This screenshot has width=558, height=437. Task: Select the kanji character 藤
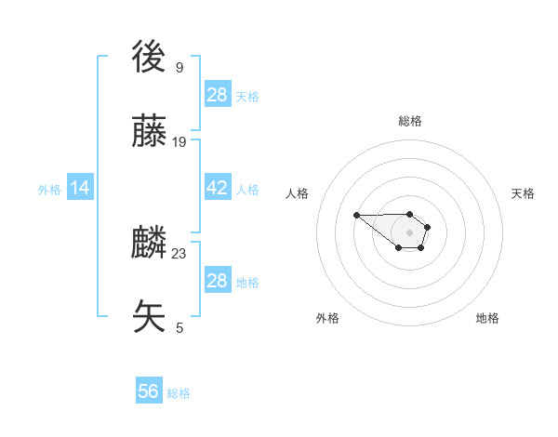point(150,133)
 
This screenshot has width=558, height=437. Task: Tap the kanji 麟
point(150,245)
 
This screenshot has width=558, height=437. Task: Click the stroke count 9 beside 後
point(179,67)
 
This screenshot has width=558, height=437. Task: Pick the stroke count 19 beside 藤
point(179,141)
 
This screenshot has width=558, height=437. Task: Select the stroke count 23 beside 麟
point(179,253)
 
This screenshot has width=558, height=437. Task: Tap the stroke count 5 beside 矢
point(179,326)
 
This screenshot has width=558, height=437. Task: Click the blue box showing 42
point(218,188)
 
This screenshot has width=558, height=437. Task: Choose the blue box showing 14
point(80,188)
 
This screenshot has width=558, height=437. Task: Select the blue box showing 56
point(149,391)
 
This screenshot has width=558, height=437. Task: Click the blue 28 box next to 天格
point(218,94)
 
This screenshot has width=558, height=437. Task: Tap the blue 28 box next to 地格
point(218,281)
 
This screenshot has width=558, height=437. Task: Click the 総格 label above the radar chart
point(410,121)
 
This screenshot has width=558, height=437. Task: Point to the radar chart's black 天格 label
point(524,193)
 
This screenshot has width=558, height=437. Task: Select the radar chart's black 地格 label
point(487,318)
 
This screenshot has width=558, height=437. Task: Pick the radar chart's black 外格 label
point(327,318)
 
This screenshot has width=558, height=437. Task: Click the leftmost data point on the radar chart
point(356,216)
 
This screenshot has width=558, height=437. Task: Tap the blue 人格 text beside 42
point(247,189)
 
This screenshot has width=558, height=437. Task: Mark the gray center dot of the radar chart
point(409,232)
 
